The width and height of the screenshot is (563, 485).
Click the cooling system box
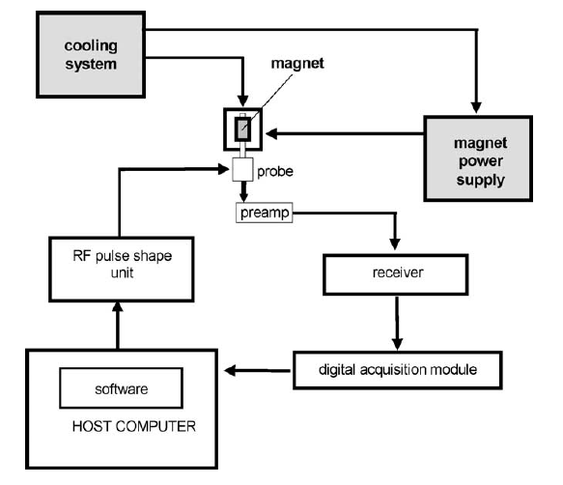click(91, 55)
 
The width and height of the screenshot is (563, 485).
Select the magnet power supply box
click(478, 158)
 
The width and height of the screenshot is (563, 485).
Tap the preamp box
click(265, 213)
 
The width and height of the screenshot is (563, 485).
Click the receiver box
click(396, 274)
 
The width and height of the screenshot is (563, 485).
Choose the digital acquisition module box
click(398, 370)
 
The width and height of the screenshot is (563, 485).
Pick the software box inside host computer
click(122, 388)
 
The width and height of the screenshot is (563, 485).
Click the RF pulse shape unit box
click(122, 270)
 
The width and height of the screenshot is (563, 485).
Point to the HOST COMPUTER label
click(134, 426)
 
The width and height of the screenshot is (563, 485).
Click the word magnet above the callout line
click(297, 63)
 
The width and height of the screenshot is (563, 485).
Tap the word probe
click(275, 172)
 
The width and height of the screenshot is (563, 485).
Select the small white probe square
click(242, 169)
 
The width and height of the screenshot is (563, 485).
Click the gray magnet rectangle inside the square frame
click(242, 128)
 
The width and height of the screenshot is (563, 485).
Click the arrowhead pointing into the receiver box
click(395, 243)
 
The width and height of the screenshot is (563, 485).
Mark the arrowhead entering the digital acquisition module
click(397, 344)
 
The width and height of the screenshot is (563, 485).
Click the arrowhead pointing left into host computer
click(230, 370)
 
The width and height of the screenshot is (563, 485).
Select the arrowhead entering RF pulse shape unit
click(118, 307)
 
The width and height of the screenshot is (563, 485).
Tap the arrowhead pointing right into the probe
click(224, 169)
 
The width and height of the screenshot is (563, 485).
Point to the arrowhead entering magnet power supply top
click(476, 107)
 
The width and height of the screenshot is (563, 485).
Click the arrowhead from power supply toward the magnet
click(271, 133)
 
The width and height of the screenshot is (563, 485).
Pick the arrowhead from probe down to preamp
click(243, 198)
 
